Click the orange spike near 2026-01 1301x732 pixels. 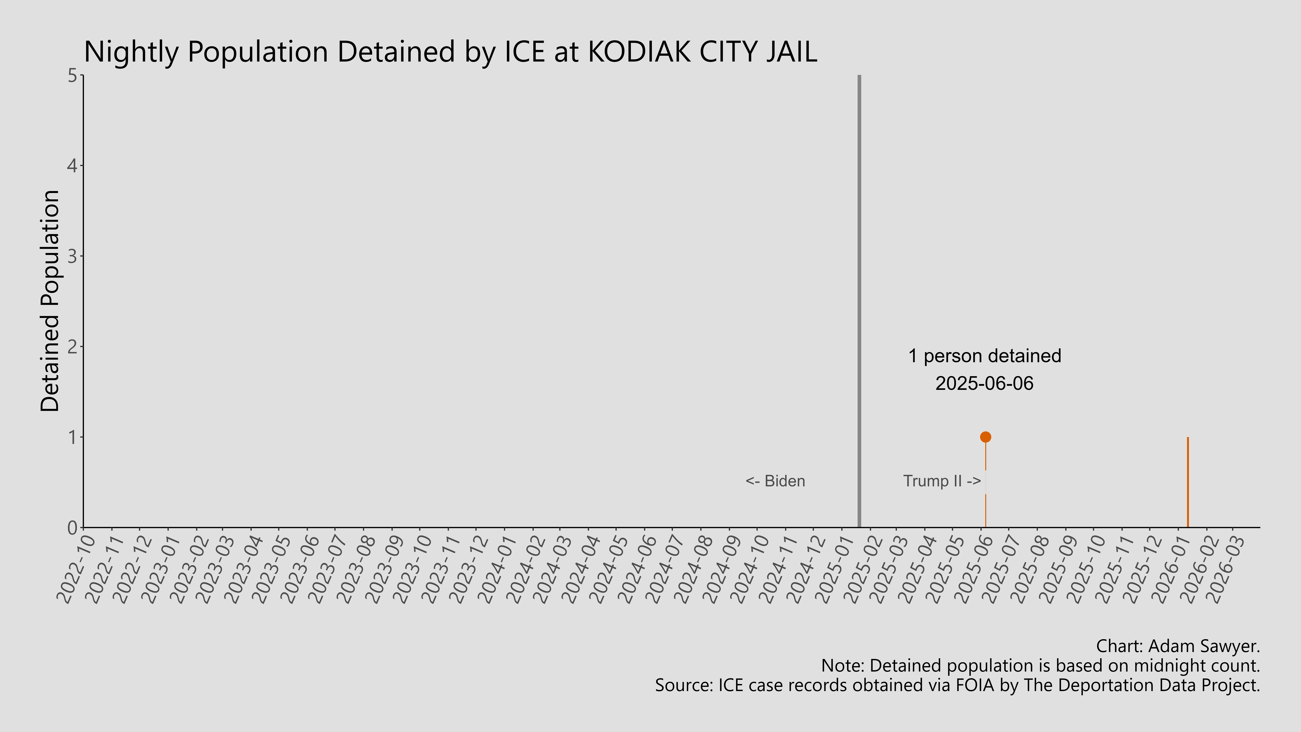(1188, 482)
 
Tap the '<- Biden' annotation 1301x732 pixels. (775, 481)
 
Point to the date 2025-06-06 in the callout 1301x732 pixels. (984, 383)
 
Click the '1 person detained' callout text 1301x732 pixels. (984, 356)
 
